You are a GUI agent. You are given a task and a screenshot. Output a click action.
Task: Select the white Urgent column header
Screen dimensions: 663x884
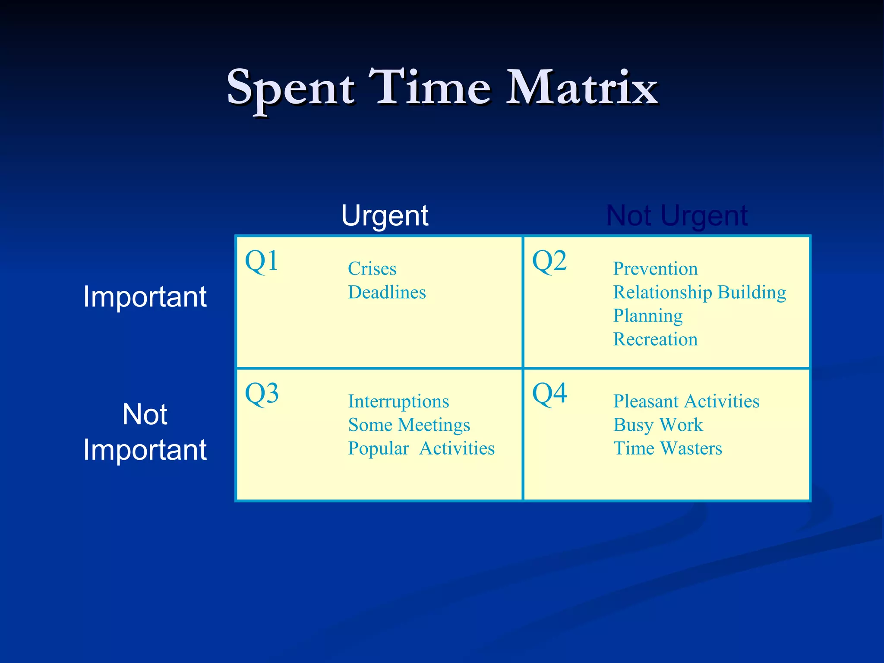tap(385, 215)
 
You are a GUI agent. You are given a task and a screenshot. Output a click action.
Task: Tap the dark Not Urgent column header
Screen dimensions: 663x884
tap(676, 215)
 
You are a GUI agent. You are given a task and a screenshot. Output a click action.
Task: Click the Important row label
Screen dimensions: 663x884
tap(145, 297)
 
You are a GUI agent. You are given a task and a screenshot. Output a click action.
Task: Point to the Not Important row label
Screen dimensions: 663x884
tap(145, 432)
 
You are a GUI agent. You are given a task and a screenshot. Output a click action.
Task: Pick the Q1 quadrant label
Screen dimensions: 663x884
tap(262, 261)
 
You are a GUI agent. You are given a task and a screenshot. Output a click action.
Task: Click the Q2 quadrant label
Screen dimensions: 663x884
tap(549, 261)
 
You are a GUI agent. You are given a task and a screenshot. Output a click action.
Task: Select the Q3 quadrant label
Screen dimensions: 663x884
tap(262, 394)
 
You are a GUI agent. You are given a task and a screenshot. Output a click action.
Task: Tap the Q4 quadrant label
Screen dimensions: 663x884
tap(549, 394)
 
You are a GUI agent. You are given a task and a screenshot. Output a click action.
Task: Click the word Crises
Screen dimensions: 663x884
tap(372, 269)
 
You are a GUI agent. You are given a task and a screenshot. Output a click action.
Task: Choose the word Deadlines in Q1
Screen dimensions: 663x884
tap(387, 293)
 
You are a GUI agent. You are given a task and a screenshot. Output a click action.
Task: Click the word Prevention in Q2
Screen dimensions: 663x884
tap(655, 269)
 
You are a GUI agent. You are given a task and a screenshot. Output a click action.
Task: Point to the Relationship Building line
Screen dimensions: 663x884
tap(699, 293)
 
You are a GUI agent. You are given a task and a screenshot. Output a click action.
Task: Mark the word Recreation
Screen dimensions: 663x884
tap(655, 339)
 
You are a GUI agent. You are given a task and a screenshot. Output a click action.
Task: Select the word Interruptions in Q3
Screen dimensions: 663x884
tap(398, 401)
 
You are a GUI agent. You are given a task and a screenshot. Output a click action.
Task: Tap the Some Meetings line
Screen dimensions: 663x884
tap(409, 425)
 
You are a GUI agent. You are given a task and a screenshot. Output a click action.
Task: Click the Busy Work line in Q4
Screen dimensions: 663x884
tap(658, 425)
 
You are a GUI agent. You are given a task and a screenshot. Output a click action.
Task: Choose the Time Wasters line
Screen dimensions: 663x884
tap(667, 448)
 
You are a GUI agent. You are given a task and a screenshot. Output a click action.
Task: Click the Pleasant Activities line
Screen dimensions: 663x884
tap(686, 401)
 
